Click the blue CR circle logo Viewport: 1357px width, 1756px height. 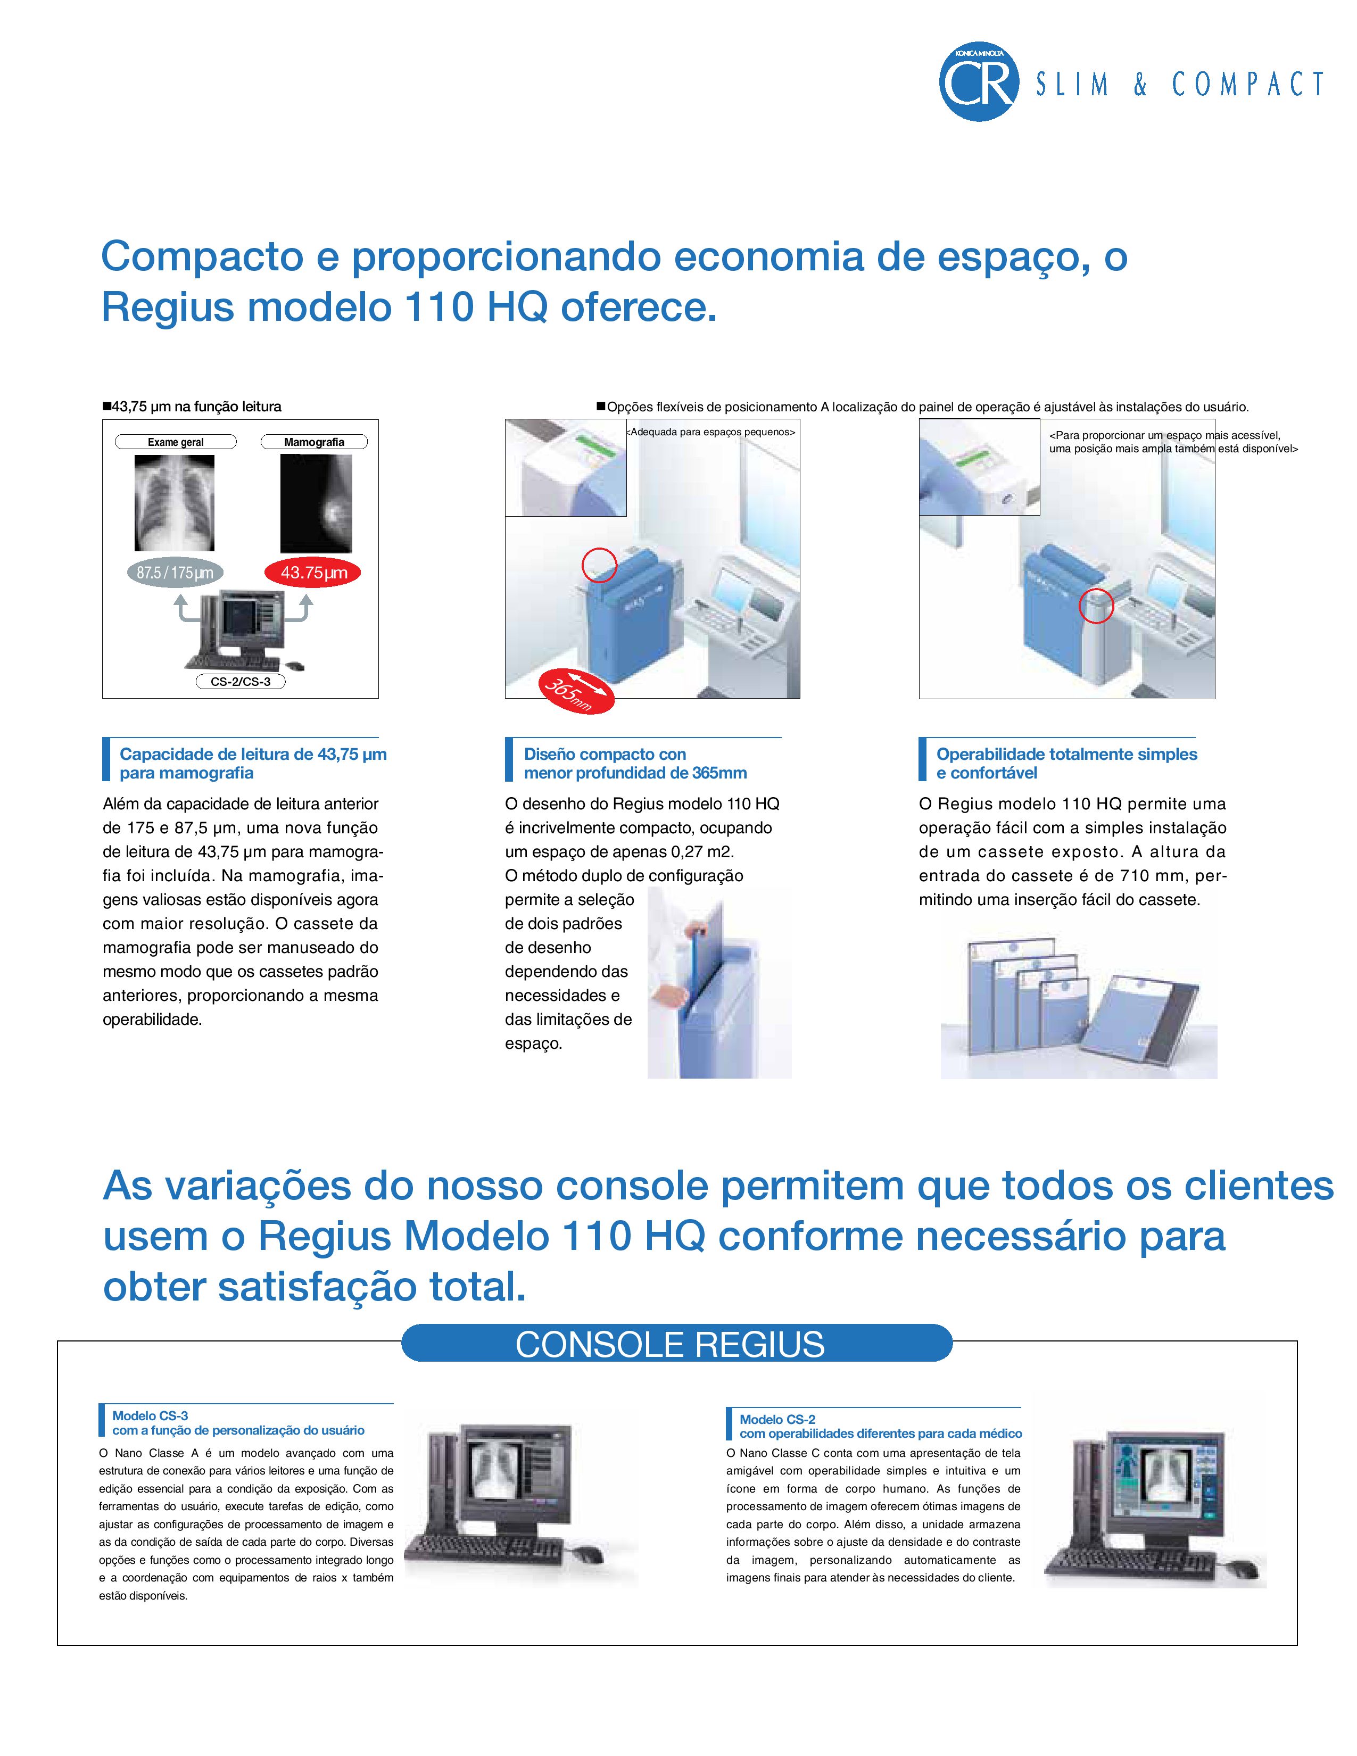[978, 83]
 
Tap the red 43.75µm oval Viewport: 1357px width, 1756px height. [313, 573]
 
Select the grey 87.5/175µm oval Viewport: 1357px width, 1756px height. [175, 573]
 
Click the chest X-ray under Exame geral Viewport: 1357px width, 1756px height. [175, 502]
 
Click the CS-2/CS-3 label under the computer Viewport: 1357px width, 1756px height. [241, 681]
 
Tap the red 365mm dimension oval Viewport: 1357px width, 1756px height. [576, 690]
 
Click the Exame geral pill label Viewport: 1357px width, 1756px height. [175, 442]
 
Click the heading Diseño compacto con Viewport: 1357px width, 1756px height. [605, 754]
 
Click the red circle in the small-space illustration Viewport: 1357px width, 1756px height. [599, 565]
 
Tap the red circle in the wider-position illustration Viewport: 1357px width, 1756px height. [1096, 606]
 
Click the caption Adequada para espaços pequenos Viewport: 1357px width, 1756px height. [710, 432]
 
